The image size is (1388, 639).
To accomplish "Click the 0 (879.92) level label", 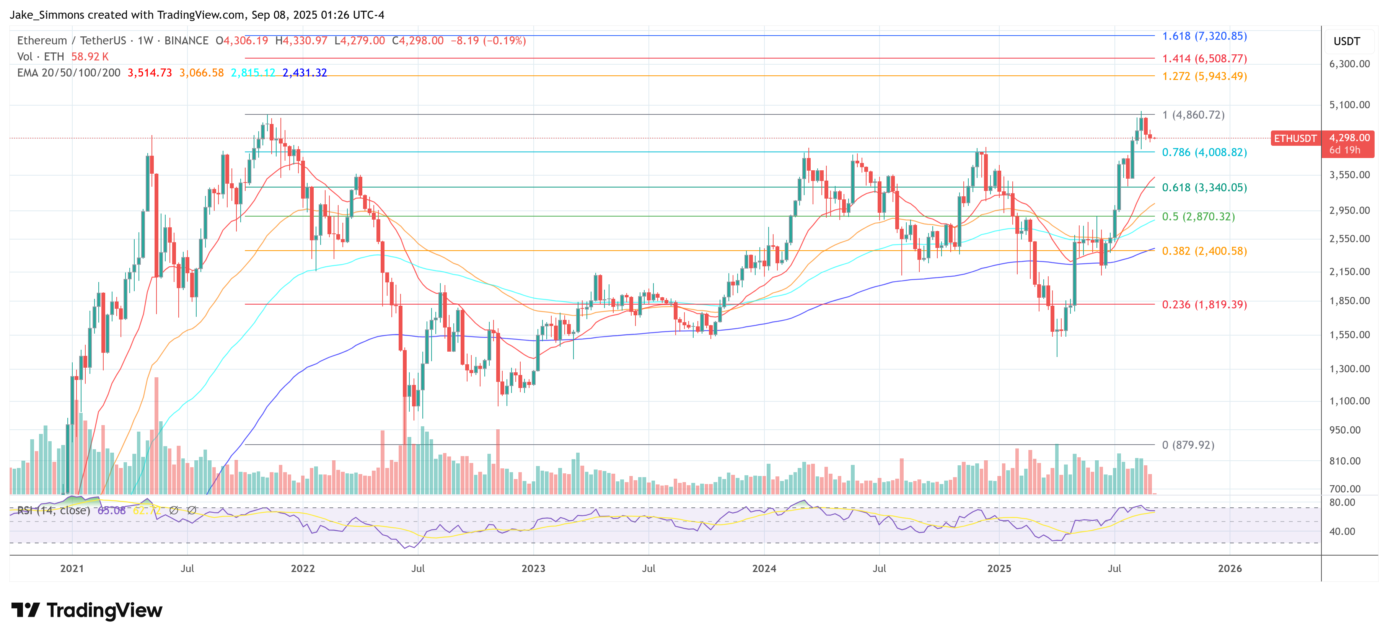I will click(x=1188, y=445).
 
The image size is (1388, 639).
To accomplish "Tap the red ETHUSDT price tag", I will click(x=1295, y=139).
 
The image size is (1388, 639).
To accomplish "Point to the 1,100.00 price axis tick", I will click(x=1349, y=401).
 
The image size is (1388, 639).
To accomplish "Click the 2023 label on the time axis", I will click(x=533, y=569).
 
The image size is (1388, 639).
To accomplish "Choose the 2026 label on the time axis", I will click(x=1230, y=569).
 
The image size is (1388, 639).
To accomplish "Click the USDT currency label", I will click(x=1347, y=41).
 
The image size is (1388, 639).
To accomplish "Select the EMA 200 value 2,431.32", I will click(x=305, y=73).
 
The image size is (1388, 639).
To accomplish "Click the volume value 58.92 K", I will click(x=90, y=57).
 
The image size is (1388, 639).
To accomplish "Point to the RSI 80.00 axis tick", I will click(x=1342, y=502).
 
